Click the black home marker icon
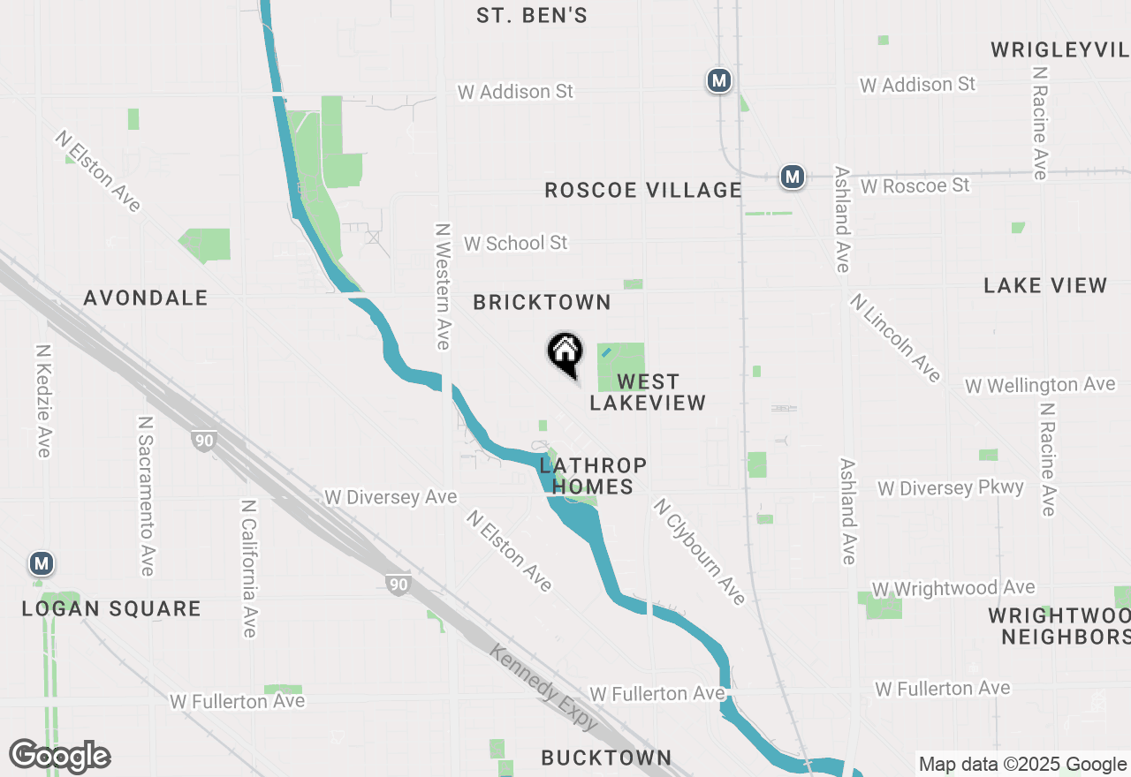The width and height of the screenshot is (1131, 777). pos(565,354)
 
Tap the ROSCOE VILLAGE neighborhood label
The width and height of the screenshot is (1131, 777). pos(642,190)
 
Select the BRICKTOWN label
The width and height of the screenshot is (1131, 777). pos(542,302)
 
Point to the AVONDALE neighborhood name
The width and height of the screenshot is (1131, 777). pos(146,298)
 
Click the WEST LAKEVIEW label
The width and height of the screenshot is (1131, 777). pos(648,392)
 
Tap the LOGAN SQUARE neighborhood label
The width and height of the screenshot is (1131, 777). pos(111,608)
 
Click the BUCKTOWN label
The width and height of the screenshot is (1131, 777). pos(606,758)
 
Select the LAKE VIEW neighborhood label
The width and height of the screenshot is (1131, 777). pos(1045,285)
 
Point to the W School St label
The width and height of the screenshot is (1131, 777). pos(515,243)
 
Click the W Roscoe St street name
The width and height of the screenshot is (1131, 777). pos(915,185)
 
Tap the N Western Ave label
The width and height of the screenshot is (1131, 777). pos(443,285)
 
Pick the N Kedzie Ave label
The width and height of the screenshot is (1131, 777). pos(42,401)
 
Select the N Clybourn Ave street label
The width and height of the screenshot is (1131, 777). pos(700,552)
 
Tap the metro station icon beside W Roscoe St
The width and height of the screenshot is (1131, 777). pos(793,177)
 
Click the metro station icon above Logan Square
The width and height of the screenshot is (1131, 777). pos(41,562)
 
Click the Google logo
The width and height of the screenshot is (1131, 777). pos(60,756)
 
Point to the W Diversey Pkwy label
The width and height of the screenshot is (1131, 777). pos(950,488)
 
